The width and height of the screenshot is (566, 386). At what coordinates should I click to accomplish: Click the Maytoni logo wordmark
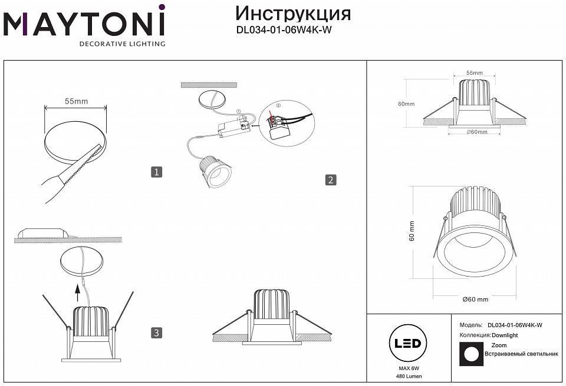(84, 24)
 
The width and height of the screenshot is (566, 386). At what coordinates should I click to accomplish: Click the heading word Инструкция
(293, 14)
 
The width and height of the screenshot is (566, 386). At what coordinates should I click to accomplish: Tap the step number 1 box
(156, 172)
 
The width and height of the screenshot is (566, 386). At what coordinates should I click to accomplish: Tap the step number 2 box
(330, 179)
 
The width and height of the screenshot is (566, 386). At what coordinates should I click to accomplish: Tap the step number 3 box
(156, 333)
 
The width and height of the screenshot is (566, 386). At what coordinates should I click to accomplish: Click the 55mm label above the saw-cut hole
(76, 101)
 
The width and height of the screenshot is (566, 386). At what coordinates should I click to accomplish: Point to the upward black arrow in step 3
(78, 289)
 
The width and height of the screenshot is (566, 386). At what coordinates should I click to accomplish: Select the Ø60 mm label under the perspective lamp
(475, 300)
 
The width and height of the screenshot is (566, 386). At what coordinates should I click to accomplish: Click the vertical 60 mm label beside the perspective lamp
(412, 230)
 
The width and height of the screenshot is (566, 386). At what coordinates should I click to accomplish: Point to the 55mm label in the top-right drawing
(474, 73)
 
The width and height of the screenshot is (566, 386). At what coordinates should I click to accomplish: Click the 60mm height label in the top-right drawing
(406, 104)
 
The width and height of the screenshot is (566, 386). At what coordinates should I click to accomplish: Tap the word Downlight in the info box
(504, 335)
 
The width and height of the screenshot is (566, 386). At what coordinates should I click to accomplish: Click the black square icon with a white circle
(470, 353)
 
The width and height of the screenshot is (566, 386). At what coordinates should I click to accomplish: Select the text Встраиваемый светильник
(521, 354)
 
